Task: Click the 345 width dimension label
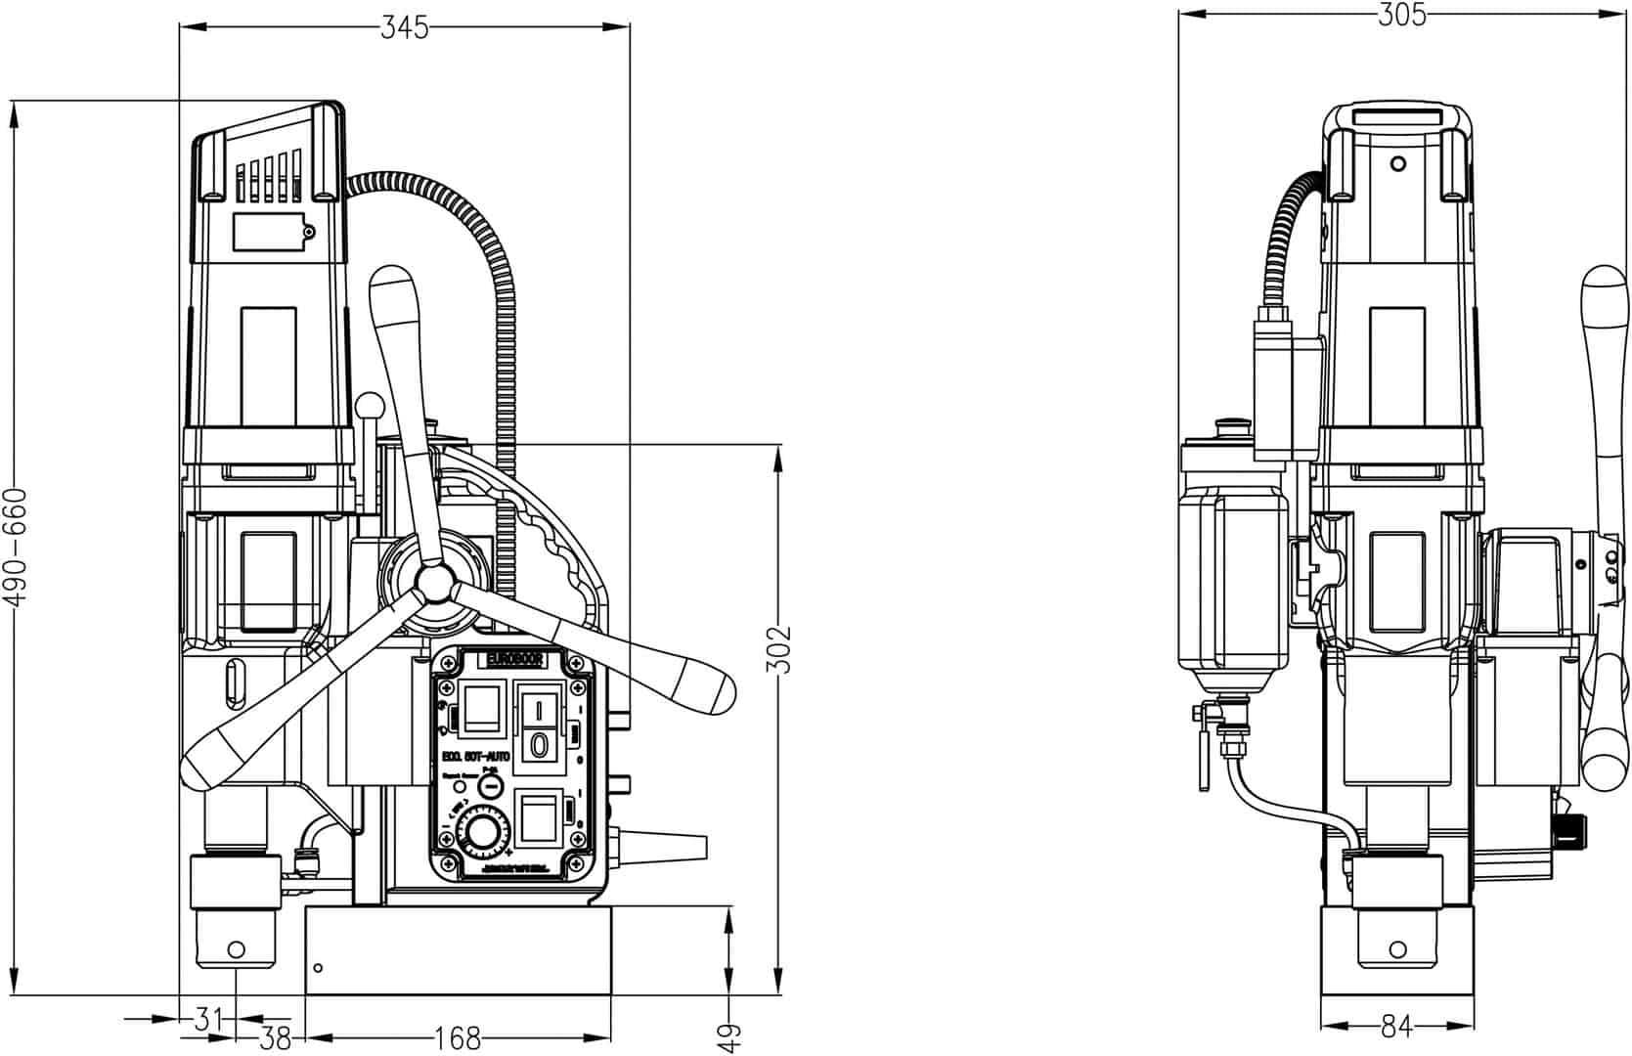404,28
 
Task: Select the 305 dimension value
1401,14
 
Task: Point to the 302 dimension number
778,649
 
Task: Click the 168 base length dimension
457,1035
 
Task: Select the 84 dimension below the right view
1396,1026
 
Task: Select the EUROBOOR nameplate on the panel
514,662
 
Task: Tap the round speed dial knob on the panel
481,834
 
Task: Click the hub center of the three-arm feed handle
431,586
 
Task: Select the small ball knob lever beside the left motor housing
370,404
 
